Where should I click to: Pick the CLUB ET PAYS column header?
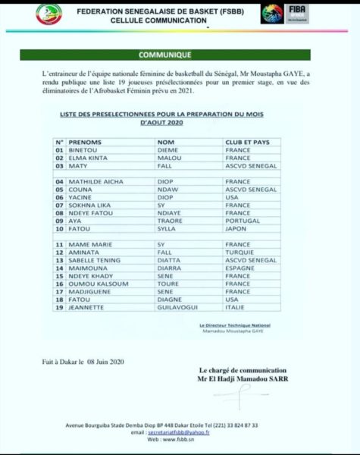coord(250,142)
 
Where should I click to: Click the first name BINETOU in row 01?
coord(85,150)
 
